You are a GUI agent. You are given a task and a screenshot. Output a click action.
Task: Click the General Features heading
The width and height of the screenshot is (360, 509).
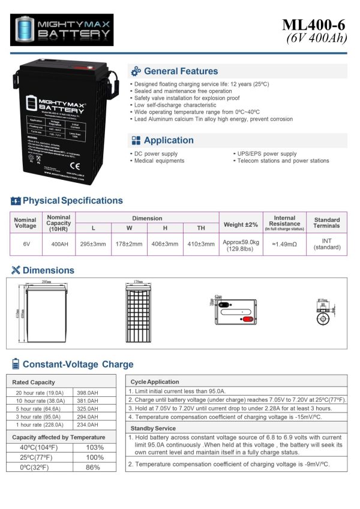(181, 71)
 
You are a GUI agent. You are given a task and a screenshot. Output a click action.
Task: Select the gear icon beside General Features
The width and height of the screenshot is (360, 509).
(136, 71)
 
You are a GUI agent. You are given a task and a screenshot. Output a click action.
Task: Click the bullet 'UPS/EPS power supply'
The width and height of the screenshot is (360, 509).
(266, 153)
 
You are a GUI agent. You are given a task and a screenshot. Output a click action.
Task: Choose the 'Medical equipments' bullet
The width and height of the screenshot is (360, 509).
(159, 161)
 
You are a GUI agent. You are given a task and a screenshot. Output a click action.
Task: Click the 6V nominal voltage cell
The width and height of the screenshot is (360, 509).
(26, 244)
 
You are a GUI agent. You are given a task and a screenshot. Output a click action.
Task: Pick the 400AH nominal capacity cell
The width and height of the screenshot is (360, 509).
(59, 244)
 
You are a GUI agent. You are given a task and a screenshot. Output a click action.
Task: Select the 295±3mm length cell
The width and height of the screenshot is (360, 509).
(93, 244)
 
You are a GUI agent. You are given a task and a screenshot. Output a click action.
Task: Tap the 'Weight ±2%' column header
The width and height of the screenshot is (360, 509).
(240, 225)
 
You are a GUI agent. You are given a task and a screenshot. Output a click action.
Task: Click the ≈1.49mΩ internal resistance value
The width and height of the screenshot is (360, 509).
(284, 244)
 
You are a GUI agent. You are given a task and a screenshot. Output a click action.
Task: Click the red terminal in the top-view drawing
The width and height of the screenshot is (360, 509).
(246, 319)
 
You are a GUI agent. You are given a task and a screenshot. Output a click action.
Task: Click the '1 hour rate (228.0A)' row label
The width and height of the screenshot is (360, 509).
(40, 424)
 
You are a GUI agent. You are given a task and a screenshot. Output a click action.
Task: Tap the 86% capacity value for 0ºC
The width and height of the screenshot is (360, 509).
(92, 467)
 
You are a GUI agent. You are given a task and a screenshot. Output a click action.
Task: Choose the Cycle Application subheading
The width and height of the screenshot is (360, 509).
(155, 382)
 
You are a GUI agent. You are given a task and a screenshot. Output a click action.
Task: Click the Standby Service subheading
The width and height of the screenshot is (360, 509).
(153, 428)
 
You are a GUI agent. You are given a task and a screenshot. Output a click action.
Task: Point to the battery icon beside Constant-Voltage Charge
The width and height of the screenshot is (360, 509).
(16, 364)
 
